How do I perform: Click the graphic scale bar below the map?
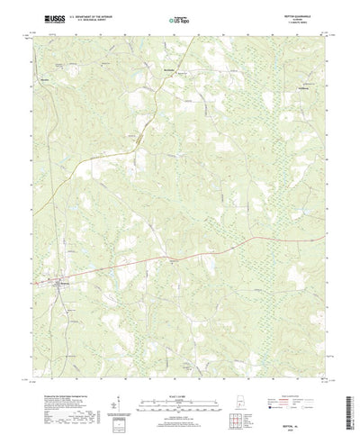pos(176,388)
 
